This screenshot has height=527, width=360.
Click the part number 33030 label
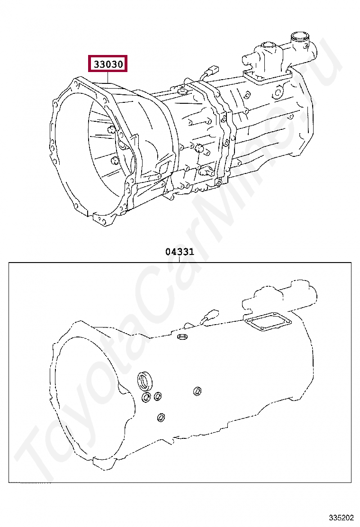[x=108, y=64]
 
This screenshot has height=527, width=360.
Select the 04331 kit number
[x=180, y=252]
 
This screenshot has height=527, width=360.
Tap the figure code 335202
[x=341, y=518]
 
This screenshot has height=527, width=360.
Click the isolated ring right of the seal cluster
[x=197, y=391]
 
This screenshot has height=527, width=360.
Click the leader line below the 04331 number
[x=180, y=260]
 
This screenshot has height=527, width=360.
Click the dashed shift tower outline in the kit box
[x=277, y=296]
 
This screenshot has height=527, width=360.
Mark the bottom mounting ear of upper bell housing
[x=107, y=219]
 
